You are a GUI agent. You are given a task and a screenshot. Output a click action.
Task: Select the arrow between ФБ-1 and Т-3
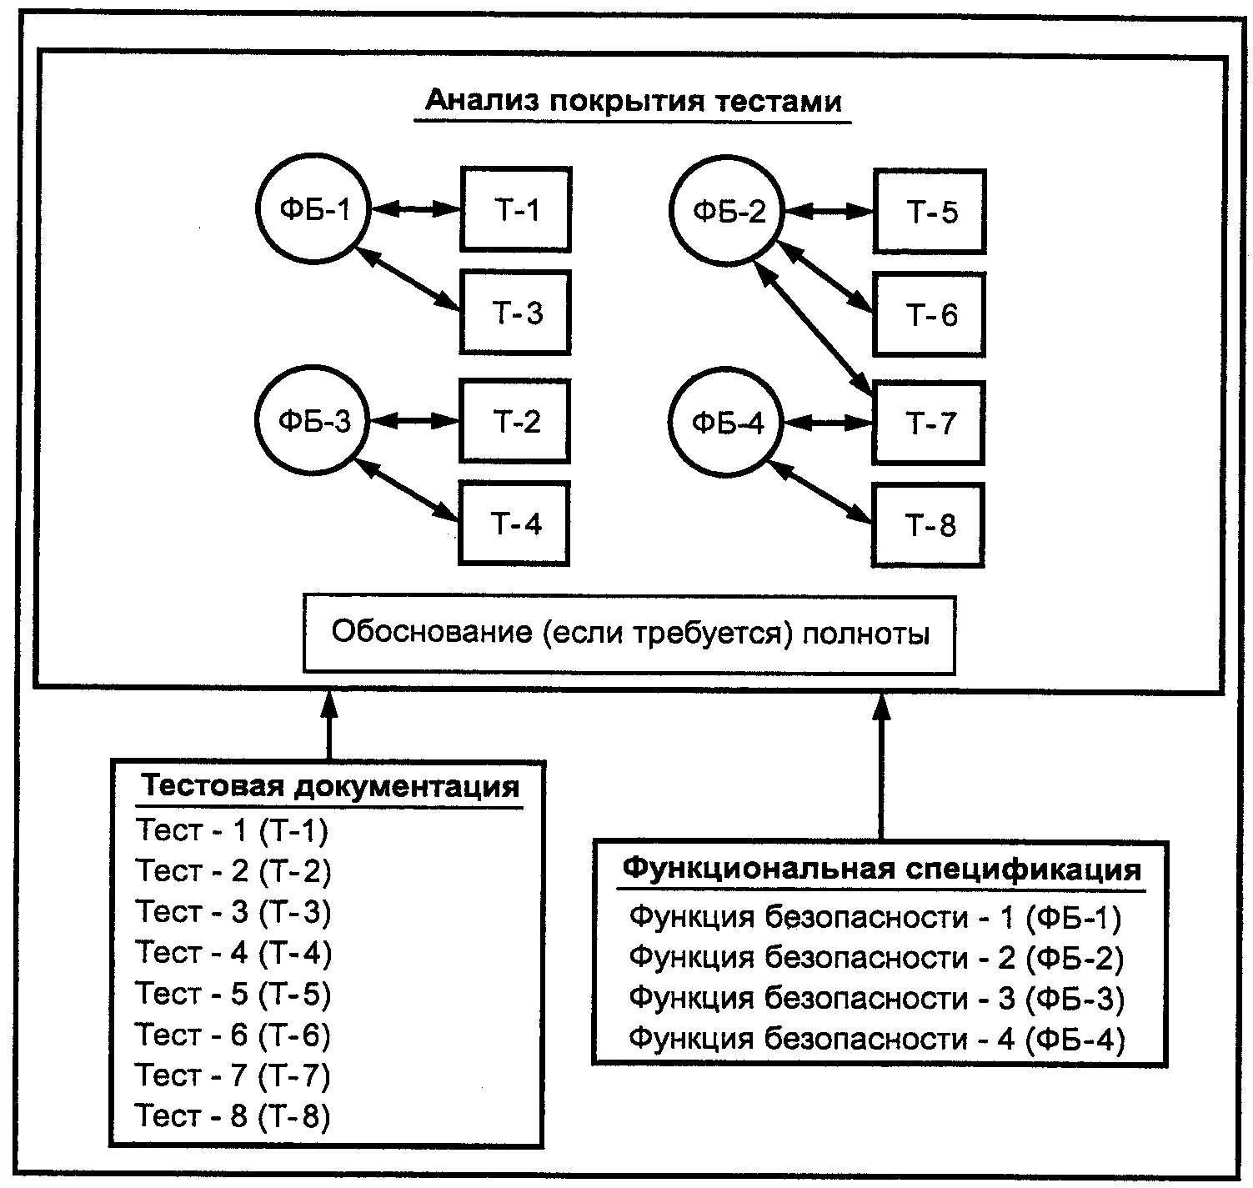tap(406, 278)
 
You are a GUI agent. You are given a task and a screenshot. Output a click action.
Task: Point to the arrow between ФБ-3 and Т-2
tap(414, 421)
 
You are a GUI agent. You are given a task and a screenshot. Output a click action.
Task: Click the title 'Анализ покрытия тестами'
tap(633, 101)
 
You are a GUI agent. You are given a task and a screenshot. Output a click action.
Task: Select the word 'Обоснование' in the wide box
tap(432, 632)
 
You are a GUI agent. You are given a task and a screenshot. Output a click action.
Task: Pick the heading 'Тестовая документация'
tap(329, 785)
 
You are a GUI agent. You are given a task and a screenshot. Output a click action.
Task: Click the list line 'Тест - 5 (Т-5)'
tap(233, 993)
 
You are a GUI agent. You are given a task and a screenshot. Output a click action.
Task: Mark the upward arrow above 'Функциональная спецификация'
tap(881, 767)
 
